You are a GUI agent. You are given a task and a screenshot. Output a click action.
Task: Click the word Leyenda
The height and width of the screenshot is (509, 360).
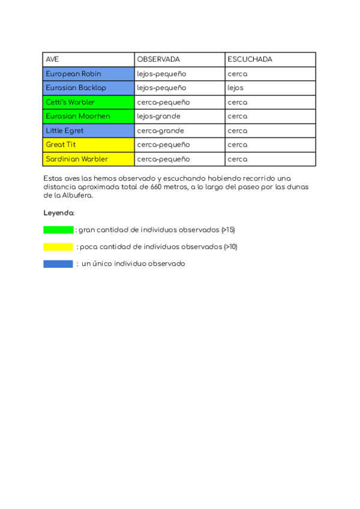[59, 213]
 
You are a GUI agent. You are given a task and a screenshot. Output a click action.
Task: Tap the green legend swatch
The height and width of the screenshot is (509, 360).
[58, 230]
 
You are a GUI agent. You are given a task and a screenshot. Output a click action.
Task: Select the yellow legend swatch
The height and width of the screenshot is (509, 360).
[58, 247]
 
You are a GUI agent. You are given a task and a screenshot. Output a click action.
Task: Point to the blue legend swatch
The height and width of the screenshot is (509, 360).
[58, 264]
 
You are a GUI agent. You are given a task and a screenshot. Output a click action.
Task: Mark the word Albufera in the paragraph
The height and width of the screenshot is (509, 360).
[79, 195]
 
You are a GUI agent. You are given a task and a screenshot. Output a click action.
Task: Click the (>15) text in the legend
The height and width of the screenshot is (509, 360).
[228, 230]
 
